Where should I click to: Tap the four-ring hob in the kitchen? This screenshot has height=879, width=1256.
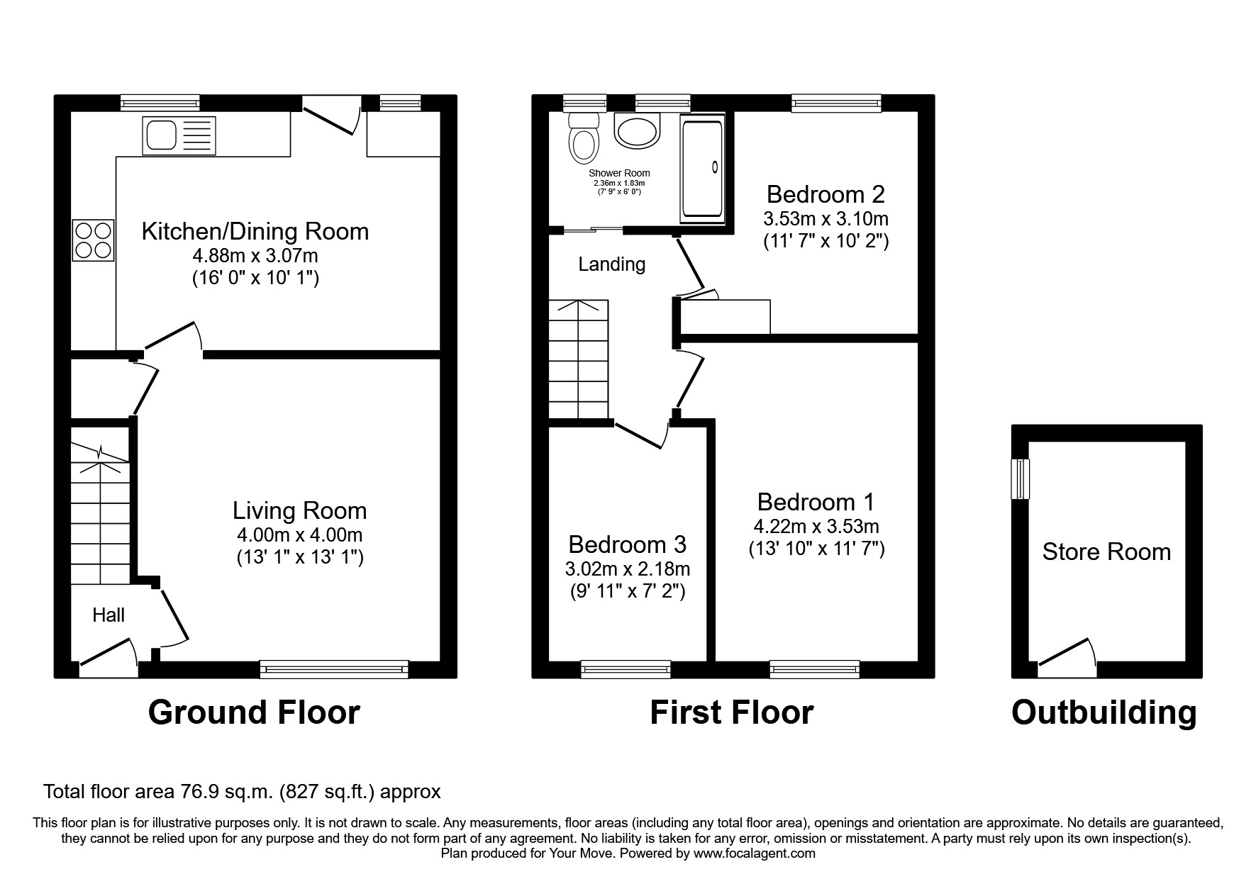(x=93, y=240)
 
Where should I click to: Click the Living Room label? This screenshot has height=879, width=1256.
(x=299, y=510)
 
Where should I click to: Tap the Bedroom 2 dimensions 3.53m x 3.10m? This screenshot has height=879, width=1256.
(x=826, y=218)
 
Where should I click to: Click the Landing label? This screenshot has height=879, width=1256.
(x=611, y=264)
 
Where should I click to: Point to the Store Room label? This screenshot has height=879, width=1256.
(x=1106, y=552)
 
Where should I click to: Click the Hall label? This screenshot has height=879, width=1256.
(x=109, y=615)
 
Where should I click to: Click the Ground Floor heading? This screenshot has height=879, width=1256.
(x=254, y=712)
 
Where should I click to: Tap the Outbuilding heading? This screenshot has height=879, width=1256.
(x=1104, y=712)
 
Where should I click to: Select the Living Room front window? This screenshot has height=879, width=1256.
(x=334, y=668)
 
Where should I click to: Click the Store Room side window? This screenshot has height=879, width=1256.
(x=1021, y=478)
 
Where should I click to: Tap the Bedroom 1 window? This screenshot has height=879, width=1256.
(x=814, y=668)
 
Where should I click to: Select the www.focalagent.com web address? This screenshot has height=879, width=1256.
(x=755, y=853)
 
